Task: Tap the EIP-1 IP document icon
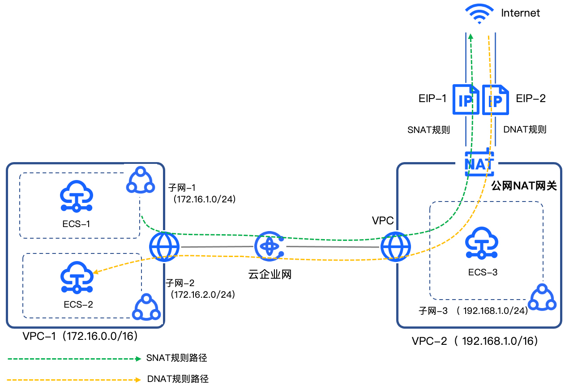coord(466,99)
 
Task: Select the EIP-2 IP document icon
coord(495,99)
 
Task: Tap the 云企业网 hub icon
coord(269,246)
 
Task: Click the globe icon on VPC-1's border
coord(165,246)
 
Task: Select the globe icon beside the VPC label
coord(395,246)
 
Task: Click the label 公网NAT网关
coord(523,185)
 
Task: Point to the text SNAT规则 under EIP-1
coord(428,130)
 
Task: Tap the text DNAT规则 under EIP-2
coord(525,130)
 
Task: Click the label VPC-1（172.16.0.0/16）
coord(80,336)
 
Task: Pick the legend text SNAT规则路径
coord(177,358)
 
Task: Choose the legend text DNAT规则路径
coord(178,379)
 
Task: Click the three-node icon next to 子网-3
coord(543,298)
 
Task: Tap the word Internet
coord(520,13)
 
